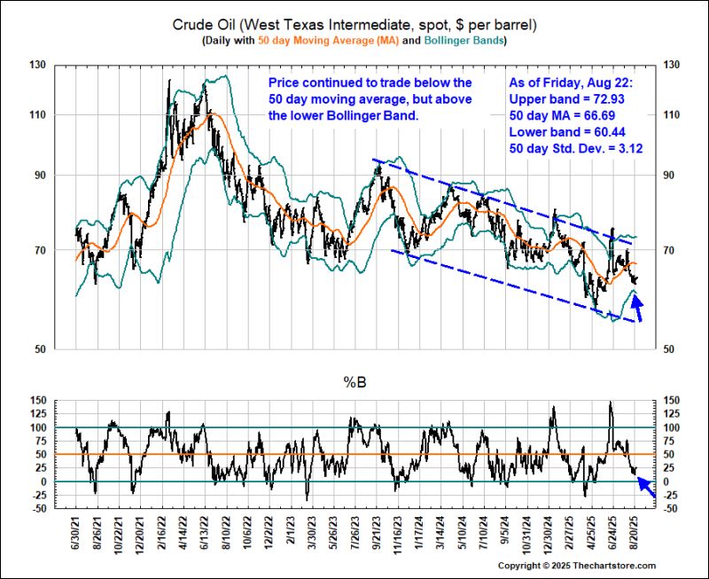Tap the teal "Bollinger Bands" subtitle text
point(464,42)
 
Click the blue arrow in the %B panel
point(646,487)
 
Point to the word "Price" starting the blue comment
point(285,82)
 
